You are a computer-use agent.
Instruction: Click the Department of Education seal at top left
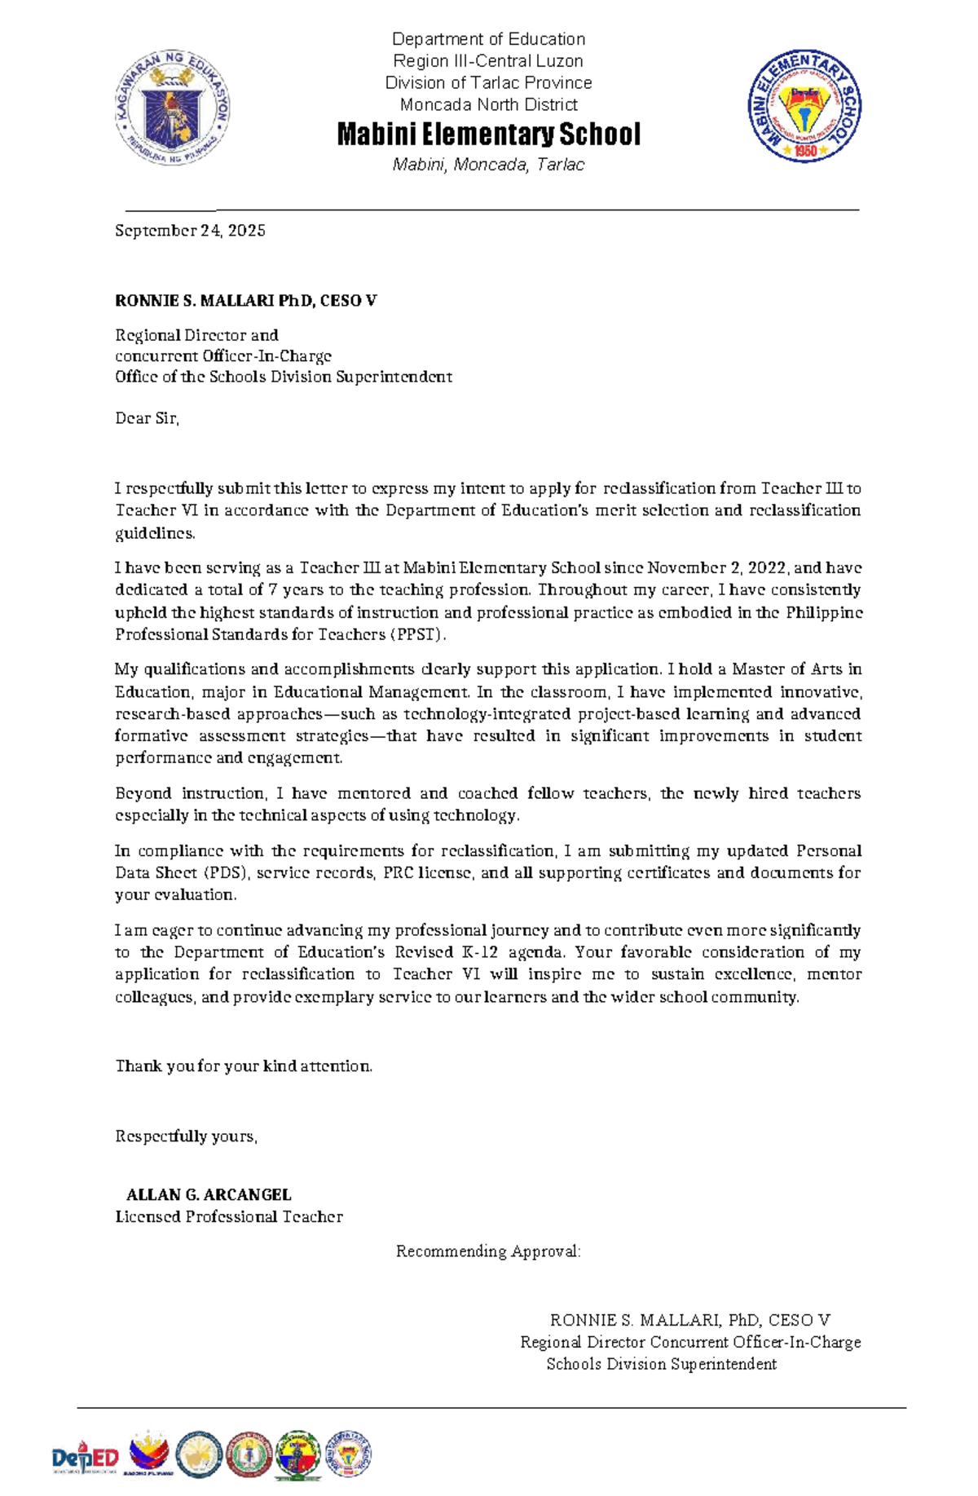click(172, 107)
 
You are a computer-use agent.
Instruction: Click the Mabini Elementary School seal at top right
click(804, 105)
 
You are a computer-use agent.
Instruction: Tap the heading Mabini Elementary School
click(488, 135)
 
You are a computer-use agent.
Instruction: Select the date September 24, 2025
click(190, 231)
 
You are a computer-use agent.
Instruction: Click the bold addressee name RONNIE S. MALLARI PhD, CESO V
click(245, 301)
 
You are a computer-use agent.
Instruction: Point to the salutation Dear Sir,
click(147, 418)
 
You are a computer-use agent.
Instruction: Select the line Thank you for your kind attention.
click(244, 1066)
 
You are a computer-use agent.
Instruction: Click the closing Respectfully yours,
click(186, 1136)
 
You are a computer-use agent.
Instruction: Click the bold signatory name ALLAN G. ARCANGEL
click(209, 1194)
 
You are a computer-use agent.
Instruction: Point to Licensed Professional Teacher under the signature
click(228, 1216)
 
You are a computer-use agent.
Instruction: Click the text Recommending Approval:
click(488, 1251)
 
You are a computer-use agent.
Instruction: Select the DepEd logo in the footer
click(85, 1457)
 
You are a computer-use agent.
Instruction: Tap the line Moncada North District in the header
click(488, 104)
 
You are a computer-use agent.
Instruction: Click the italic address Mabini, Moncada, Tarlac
click(488, 165)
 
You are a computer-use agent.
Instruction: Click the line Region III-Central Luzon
click(488, 61)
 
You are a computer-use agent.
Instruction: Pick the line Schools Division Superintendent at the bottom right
click(661, 1364)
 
